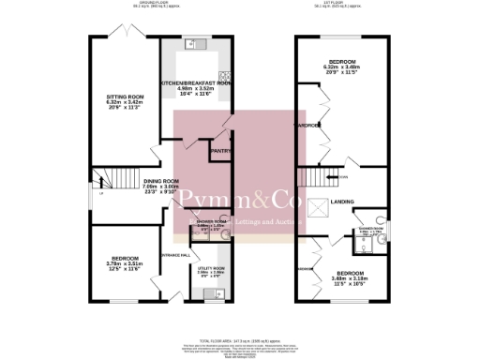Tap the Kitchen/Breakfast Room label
click(x=195, y=84)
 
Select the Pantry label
click(x=220, y=150)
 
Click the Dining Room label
click(x=161, y=181)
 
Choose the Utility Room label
click(x=211, y=267)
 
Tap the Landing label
click(x=342, y=201)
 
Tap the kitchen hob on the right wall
click(x=224, y=79)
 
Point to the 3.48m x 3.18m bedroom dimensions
click(x=349, y=278)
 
